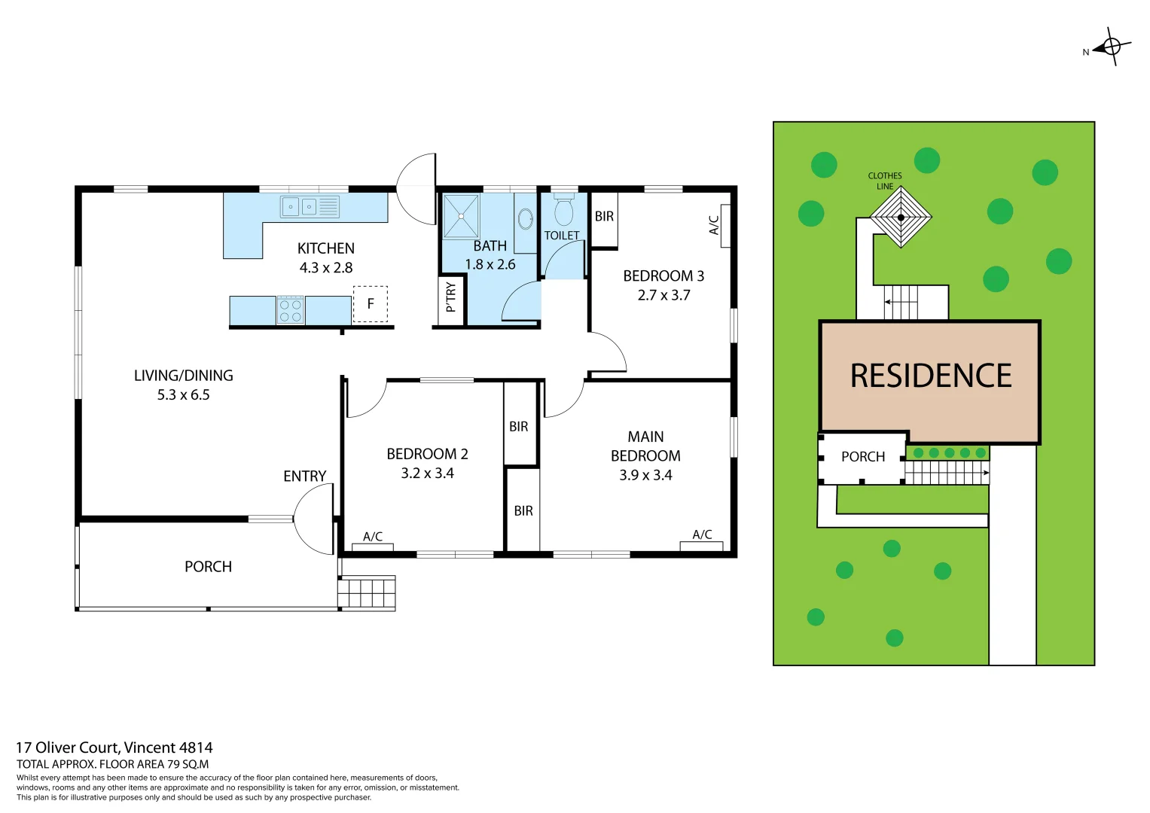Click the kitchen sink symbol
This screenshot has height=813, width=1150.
(x=310, y=206)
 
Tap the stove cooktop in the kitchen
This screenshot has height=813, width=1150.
(x=291, y=310)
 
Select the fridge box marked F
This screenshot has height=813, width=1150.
(x=371, y=304)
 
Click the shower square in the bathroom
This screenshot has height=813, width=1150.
(x=461, y=216)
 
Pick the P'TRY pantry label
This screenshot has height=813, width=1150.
(x=450, y=297)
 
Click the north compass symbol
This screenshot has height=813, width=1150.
(x=1112, y=47)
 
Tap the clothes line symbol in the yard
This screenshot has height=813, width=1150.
(x=901, y=218)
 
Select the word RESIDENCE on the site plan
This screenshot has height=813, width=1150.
(x=931, y=376)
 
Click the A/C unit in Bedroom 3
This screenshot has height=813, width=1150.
(x=725, y=226)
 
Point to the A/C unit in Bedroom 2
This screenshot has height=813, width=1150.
(x=373, y=547)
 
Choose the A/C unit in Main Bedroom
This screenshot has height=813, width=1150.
(x=701, y=545)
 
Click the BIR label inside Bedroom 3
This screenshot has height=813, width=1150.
(x=604, y=217)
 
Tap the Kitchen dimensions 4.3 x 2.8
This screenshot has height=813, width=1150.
(x=325, y=268)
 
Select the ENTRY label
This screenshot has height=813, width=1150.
(x=304, y=477)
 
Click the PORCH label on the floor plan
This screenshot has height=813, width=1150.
(x=208, y=567)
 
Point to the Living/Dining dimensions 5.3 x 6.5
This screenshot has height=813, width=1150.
(x=183, y=395)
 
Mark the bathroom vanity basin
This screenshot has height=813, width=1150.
(x=526, y=219)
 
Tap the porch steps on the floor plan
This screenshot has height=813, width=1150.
(x=367, y=592)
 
